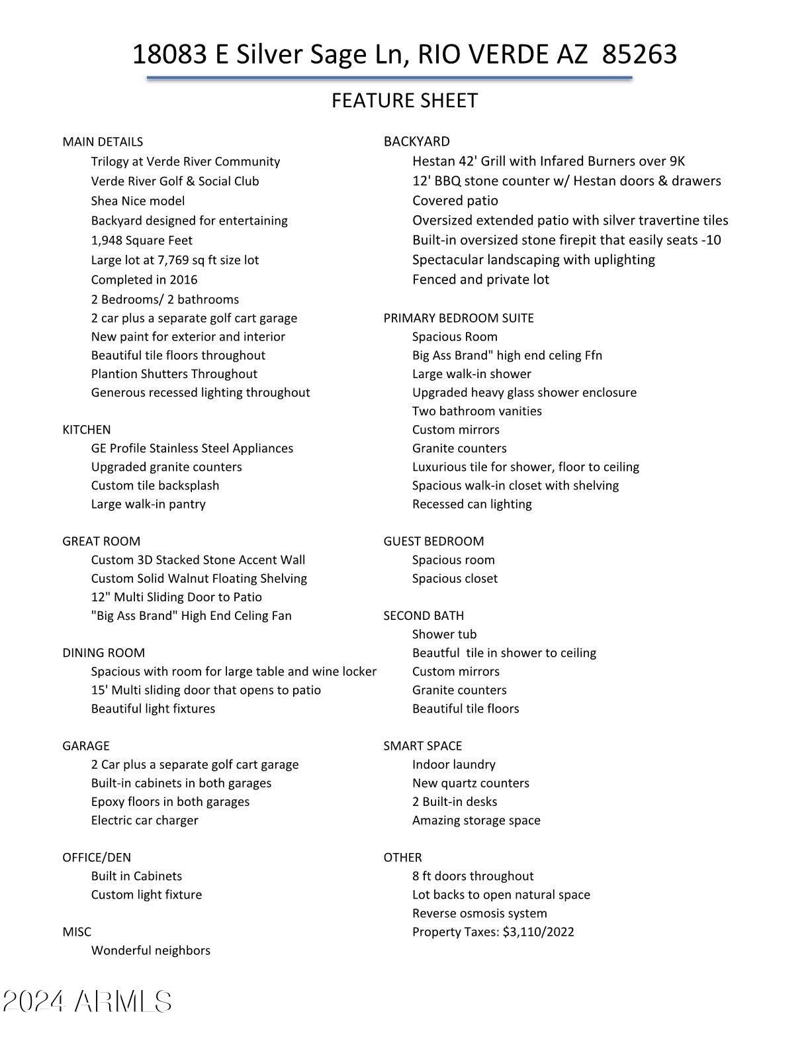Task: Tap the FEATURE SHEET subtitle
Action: [404, 101]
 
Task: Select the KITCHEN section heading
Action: [87, 430]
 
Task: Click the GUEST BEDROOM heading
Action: [433, 541]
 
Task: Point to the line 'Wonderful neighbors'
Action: [151, 950]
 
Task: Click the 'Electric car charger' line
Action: [145, 820]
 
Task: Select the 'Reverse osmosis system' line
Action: [480, 913]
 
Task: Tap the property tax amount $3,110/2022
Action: [538, 932]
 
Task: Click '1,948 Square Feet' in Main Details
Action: [142, 240]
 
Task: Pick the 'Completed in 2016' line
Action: [144, 279]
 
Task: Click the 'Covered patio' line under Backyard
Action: [455, 201]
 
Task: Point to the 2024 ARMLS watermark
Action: [87, 1001]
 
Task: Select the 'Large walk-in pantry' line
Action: [148, 504]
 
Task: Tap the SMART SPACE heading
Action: [423, 746]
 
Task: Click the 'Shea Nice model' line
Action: [138, 201]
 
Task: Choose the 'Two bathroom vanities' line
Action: [477, 411]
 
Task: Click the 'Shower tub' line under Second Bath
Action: [445, 634]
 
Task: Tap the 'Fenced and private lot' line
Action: [481, 279]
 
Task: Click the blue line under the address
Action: [389, 77]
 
